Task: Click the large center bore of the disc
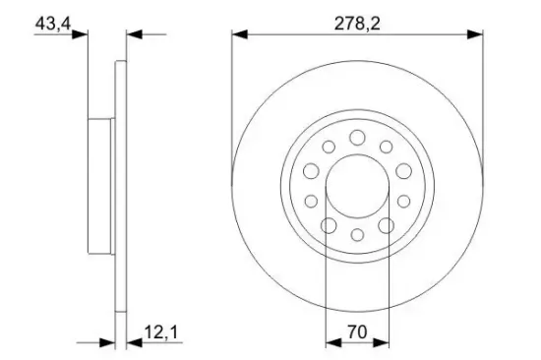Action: point(357,185)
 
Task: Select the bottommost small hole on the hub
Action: point(357,235)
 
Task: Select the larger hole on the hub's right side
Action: point(404,171)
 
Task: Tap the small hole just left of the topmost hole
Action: point(329,146)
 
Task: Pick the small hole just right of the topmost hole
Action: point(386,146)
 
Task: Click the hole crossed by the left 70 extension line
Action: point(328,225)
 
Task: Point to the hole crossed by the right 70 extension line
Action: point(387,225)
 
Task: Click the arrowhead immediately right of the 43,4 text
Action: point(83,35)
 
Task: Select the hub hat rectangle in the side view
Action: point(101,185)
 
